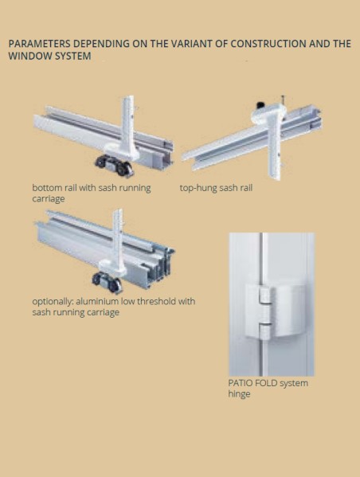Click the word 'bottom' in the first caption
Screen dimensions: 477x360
coord(49,189)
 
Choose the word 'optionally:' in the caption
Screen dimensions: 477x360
coord(54,302)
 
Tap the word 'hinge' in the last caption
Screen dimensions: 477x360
coord(239,394)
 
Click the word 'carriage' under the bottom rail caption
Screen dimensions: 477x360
coord(50,199)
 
